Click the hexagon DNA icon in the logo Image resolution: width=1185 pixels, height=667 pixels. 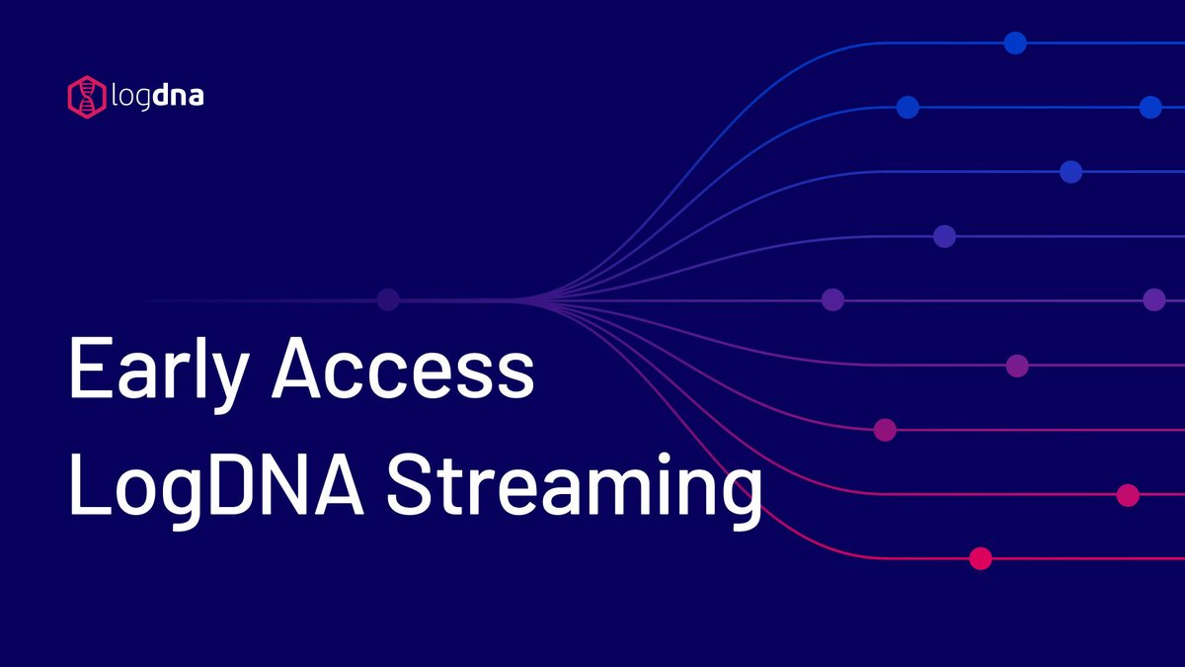point(86,96)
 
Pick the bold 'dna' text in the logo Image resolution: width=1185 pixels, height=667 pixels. point(180,97)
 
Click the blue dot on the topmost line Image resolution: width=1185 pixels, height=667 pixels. point(1015,42)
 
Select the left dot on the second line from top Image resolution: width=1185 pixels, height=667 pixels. point(908,108)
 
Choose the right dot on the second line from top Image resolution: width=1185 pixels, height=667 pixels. point(1150,108)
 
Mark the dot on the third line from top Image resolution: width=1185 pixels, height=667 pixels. point(1070,172)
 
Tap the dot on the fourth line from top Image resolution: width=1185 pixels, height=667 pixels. point(945,236)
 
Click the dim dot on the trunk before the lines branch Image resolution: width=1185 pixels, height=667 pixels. point(388,299)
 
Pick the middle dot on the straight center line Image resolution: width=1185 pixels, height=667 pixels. point(832,299)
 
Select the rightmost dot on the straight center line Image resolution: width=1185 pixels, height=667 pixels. point(1154,299)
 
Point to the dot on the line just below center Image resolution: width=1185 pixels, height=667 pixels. point(1017,366)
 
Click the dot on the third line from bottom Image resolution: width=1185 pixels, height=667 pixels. point(885,430)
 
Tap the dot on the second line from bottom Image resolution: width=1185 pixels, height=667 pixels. point(1128,495)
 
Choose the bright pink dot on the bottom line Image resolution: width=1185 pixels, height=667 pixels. point(980,559)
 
